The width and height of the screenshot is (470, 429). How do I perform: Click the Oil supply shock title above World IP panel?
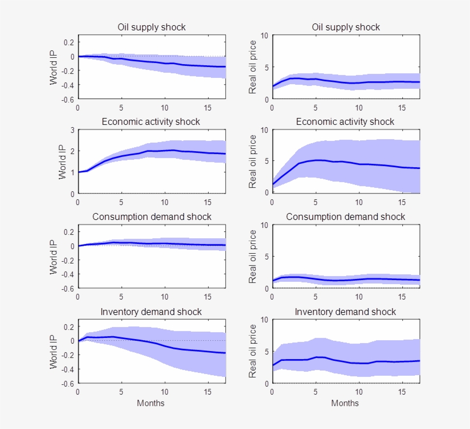click(151, 27)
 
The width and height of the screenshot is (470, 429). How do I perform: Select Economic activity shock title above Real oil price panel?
click(345, 121)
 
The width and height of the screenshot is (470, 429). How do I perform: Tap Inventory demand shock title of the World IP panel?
click(151, 312)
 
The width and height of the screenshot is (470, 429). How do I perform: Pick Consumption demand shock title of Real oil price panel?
click(345, 217)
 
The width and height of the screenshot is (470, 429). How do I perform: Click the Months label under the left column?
click(151, 403)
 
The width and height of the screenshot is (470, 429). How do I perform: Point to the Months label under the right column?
click(345, 403)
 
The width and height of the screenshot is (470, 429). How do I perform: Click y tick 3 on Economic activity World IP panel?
click(72, 130)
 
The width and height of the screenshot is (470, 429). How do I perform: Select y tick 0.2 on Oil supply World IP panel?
click(69, 42)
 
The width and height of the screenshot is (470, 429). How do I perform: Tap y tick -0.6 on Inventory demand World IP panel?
click(68, 383)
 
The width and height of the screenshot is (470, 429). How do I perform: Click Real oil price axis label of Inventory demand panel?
click(252, 351)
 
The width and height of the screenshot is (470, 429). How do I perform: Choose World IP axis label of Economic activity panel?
click(62, 162)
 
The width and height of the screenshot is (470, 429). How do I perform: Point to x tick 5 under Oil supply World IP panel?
click(122, 108)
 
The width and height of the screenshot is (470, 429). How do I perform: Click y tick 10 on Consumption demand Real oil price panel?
click(264, 225)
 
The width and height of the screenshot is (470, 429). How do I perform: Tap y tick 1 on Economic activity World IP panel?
click(72, 172)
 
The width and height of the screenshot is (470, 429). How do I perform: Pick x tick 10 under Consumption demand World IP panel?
click(165, 297)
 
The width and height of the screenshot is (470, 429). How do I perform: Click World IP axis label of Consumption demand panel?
click(53, 257)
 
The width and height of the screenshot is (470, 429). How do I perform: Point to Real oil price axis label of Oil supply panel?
click(252, 68)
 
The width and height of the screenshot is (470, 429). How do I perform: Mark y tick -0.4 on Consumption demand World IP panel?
click(68, 274)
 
